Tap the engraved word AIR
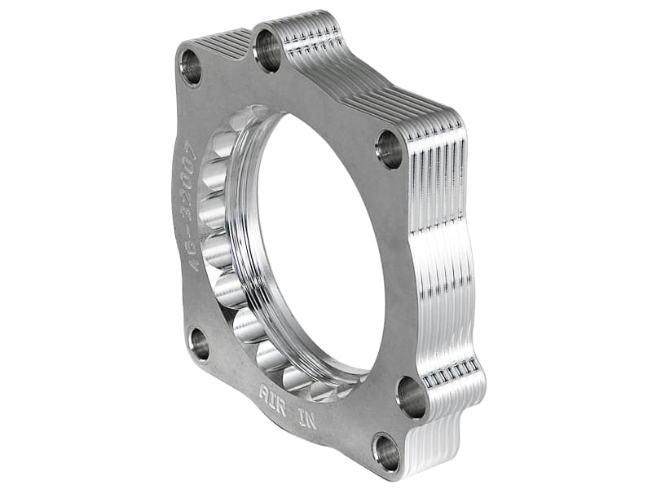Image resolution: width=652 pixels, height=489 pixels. pos(272,392)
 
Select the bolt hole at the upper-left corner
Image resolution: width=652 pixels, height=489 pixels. pos(192,68)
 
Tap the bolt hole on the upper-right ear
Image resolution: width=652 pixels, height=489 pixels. pos(389,149)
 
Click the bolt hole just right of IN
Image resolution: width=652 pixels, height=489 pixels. pos(412,398)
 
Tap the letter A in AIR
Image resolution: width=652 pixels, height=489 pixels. pos(264,389)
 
